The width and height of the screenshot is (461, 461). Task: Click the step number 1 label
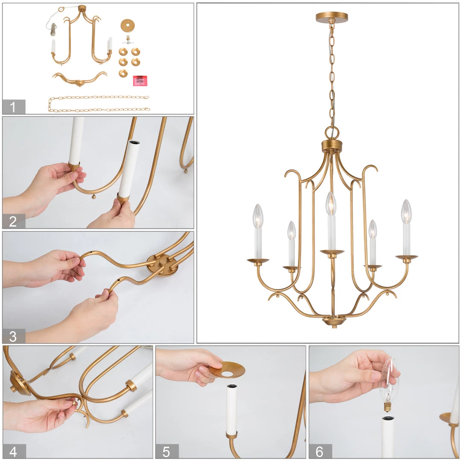click(13, 107)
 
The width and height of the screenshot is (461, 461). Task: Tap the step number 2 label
click(13, 222)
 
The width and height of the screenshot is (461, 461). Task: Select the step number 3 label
click(13, 336)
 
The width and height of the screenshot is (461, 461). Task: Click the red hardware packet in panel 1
click(140, 81)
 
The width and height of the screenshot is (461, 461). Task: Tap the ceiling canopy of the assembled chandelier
click(332, 18)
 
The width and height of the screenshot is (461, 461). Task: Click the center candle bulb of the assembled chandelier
click(331, 204)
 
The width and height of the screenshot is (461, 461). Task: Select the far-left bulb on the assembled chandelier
click(258, 216)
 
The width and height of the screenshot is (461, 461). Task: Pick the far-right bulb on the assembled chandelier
click(406, 211)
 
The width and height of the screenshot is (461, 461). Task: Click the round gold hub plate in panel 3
click(163, 265)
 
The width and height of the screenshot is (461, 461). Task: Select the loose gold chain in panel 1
click(99, 104)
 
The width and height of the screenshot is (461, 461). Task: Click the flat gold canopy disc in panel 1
click(127, 26)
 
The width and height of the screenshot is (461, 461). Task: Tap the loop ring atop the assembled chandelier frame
click(332, 133)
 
